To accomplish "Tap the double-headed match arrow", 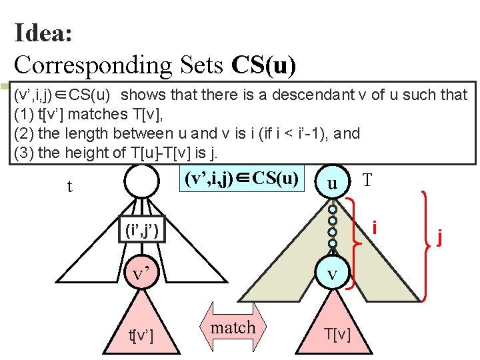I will (233, 327).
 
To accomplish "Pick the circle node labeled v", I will (331, 275).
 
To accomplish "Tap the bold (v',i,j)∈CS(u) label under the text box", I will (239, 179).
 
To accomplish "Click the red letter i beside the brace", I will (376, 228).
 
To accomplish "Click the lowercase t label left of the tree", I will (70, 187).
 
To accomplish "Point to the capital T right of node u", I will (367, 180).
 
